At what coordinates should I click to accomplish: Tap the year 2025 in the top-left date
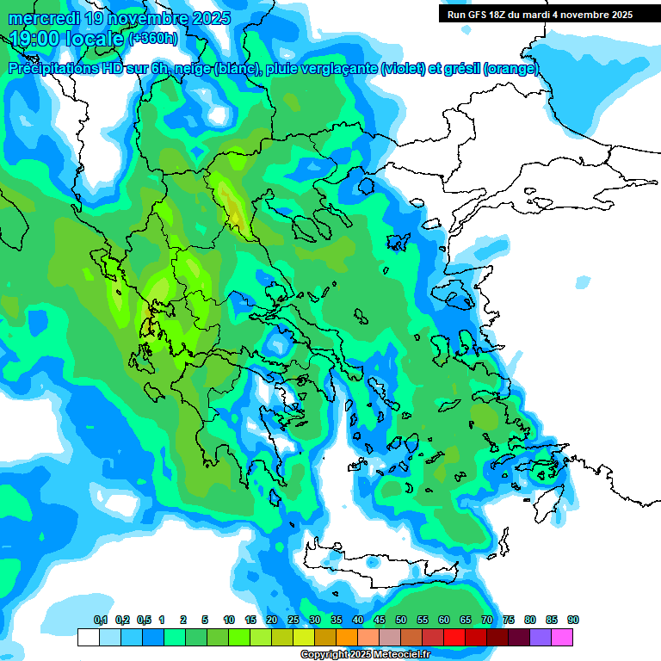[207, 18]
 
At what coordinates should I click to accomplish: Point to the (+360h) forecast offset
[153, 39]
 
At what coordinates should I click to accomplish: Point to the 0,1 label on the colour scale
[100, 620]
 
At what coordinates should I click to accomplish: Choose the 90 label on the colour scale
[572, 620]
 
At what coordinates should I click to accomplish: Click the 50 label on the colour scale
[401, 620]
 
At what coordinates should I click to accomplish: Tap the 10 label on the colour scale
[229, 620]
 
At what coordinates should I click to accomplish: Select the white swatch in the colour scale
[88, 637]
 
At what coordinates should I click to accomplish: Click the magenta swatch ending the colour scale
[562, 637]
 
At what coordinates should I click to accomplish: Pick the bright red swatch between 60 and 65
[454, 637]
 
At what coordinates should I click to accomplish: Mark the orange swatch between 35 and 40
[347, 637]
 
